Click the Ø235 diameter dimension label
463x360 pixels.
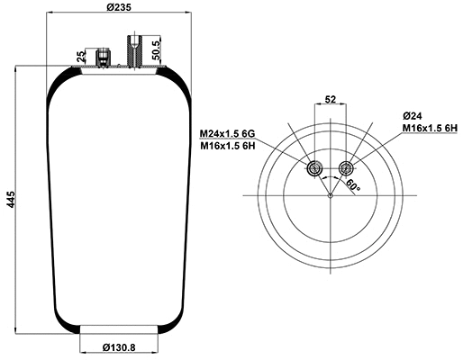click(x=117, y=8)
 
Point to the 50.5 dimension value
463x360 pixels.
click(x=157, y=49)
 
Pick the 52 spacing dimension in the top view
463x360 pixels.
click(x=331, y=99)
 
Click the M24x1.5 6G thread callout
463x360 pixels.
click(x=239, y=135)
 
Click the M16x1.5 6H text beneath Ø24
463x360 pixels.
click(x=430, y=130)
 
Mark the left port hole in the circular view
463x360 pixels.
click(x=313, y=168)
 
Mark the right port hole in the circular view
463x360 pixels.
click(x=348, y=168)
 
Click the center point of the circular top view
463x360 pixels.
click(x=331, y=195)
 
